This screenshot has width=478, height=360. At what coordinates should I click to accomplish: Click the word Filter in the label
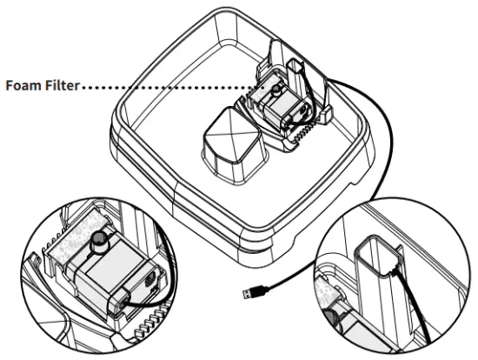61,85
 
